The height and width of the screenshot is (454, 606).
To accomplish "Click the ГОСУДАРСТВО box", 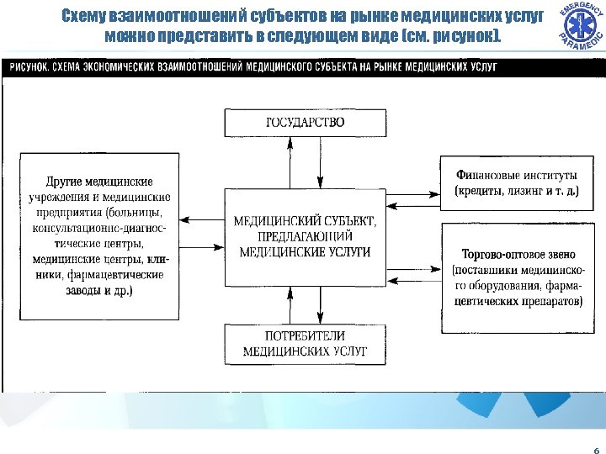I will (x=305, y=122).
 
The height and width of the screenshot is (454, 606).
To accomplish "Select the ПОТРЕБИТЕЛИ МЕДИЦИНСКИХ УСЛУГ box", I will (x=305, y=345).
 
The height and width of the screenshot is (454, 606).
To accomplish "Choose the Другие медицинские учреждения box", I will (x=99, y=235).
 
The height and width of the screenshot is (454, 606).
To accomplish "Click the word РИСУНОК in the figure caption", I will (x=29, y=65).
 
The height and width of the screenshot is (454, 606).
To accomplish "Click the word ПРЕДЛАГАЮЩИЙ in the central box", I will (x=305, y=236).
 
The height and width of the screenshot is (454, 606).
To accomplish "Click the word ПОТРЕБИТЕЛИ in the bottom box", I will (x=305, y=336).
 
